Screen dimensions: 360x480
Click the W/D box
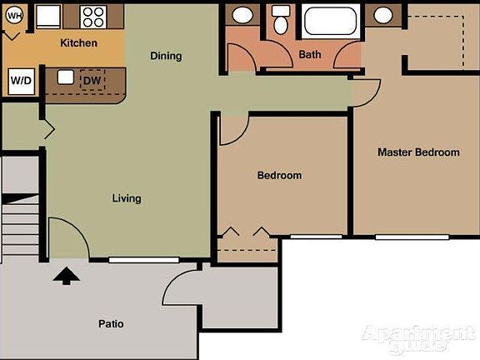[x=20, y=82]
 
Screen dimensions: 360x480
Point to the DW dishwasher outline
[x=92, y=80]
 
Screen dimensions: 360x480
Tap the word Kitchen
[x=78, y=42]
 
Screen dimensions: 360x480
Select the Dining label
[x=166, y=56]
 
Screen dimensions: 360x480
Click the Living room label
[x=127, y=198]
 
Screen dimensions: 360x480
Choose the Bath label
[x=310, y=55]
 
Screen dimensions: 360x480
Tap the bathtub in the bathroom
[x=330, y=20]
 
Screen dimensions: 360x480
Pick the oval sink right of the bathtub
[x=382, y=15]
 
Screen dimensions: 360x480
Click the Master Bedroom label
[x=418, y=152]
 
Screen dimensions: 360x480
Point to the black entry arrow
[x=65, y=275]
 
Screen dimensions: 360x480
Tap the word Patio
[x=111, y=323]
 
